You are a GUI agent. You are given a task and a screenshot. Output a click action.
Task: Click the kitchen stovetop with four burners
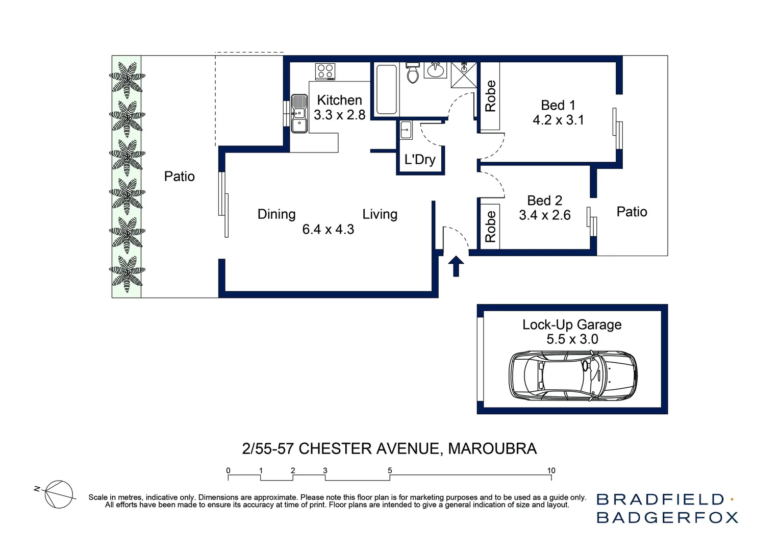[x=325, y=71]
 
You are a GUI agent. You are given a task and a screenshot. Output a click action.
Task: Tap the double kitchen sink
[x=299, y=114]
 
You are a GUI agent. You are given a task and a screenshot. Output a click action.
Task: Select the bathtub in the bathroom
[x=386, y=90]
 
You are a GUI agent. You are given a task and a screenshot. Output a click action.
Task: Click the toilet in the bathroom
[x=412, y=72]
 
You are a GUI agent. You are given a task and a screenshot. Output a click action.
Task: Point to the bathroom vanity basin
[x=435, y=70]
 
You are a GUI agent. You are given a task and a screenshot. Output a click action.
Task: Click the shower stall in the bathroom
[x=464, y=74]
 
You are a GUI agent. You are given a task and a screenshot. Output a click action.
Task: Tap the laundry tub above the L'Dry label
[x=406, y=130]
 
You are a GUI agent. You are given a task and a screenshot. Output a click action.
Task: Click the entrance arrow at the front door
[x=456, y=266]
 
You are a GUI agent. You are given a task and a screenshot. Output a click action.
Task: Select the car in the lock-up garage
[x=573, y=375]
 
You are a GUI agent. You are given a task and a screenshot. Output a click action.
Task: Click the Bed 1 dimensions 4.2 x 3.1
[x=558, y=120]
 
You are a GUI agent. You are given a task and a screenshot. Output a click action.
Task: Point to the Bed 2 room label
[x=544, y=201]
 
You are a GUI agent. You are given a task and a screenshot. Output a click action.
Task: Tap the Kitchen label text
[x=339, y=100]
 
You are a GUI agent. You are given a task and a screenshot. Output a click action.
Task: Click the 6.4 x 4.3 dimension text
[x=328, y=230]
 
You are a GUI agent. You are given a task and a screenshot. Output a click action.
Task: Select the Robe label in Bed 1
[x=490, y=96]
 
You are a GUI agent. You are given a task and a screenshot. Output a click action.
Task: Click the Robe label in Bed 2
[x=490, y=227]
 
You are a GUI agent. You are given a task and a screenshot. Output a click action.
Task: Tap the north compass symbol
[x=58, y=494]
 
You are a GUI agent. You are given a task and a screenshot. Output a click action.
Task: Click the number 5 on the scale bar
[x=390, y=470]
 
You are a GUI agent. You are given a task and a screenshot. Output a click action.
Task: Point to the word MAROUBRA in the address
[x=492, y=448]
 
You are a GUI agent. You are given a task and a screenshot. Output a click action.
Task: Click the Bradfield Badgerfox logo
[x=667, y=508]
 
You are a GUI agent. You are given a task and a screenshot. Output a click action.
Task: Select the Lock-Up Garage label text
[x=572, y=324]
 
